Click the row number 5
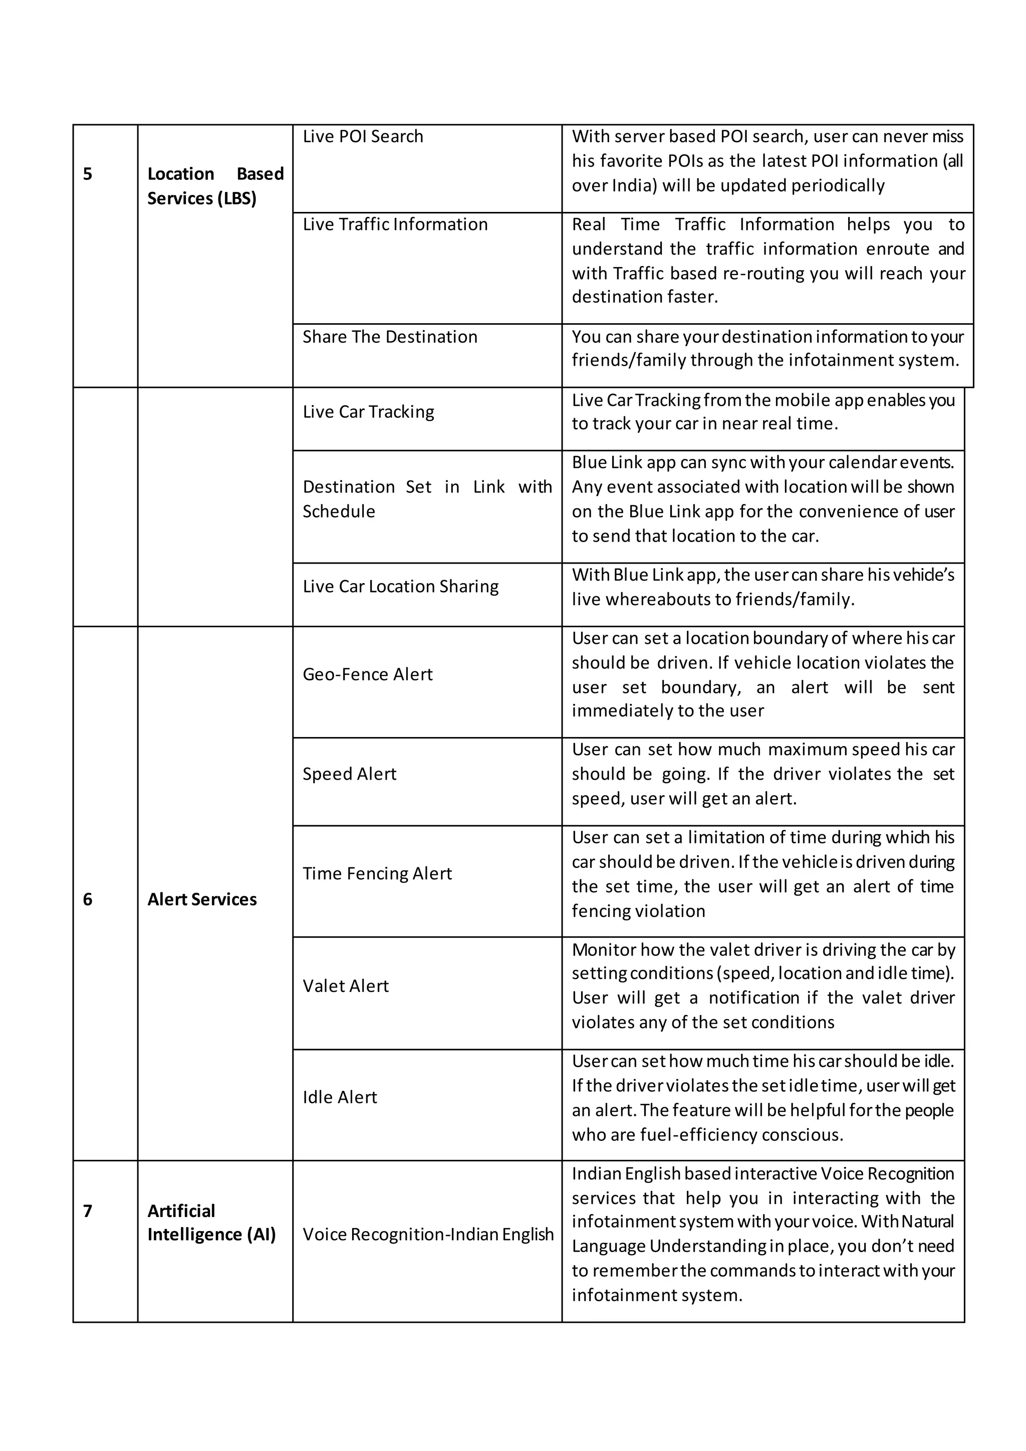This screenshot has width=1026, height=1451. (x=88, y=174)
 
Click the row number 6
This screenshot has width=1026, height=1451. (x=88, y=899)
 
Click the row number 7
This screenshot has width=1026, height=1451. (x=88, y=1211)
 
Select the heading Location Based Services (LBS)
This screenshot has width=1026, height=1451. (x=215, y=186)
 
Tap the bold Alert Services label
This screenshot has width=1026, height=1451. (x=202, y=899)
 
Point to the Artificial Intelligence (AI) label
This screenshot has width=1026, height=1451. (x=211, y=1223)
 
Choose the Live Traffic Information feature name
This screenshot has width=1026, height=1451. (x=395, y=224)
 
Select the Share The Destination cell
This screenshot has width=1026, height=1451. (x=390, y=337)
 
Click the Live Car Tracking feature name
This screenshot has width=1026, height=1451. (x=368, y=412)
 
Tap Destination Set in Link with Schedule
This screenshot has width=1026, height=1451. (x=427, y=499)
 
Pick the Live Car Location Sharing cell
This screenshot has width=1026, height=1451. (x=401, y=587)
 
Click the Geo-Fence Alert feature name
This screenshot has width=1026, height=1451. (x=368, y=674)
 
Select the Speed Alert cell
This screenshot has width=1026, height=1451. (x=349, y=774)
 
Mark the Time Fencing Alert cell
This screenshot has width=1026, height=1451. (x=377, y=873)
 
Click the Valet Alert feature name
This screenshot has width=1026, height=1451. (x=346, y=986)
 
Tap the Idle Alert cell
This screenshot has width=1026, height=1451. (x=340, y=1097)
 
